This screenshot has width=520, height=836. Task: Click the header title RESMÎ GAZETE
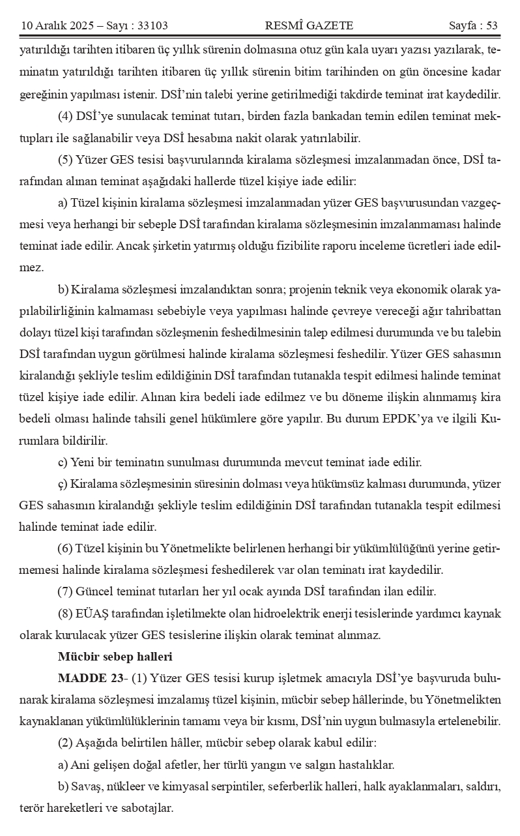pyautogui.click(x=309, y=26)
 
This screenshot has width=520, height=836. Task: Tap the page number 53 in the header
pyautogui.click(x=491, y=26)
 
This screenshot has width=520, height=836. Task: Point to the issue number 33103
pyautogui.click(x=150, y=26)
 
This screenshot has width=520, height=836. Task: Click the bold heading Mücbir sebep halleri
pyautogui.click(x=115, y=657)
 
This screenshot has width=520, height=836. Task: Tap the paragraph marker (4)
pyautogui.click(x=65, y=117)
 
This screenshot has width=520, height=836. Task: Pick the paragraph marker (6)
pyautogui.click(x=65, y=548)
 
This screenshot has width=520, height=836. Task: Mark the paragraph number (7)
pyautogui.click(x=65, y=592)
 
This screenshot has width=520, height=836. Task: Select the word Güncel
pyautogui.click(x=95, y=592)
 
